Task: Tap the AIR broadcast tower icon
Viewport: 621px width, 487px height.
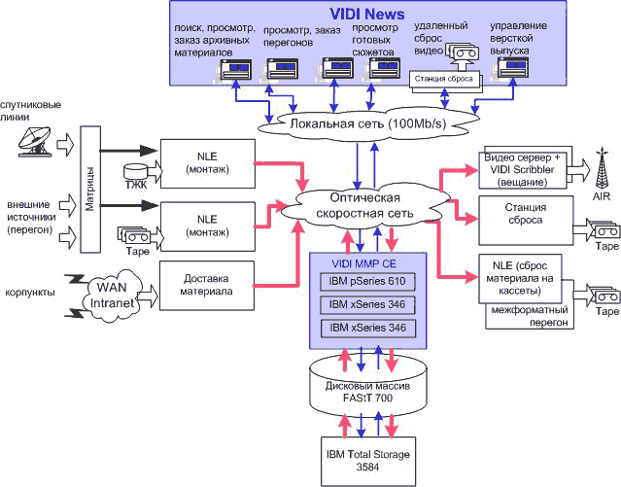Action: pyautogui.click(x=603, y=169)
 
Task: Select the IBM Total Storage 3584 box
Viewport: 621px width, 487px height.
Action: pyautogui.click(x=367, y=460)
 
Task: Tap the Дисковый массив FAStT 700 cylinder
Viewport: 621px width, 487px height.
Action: pyautogui.click(x=368, y=386)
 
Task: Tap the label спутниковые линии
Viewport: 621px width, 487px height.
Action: pyautogui.click(x=32, y=109)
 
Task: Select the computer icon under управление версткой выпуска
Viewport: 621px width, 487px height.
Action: pyautogui.click(x=512, y=66)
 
